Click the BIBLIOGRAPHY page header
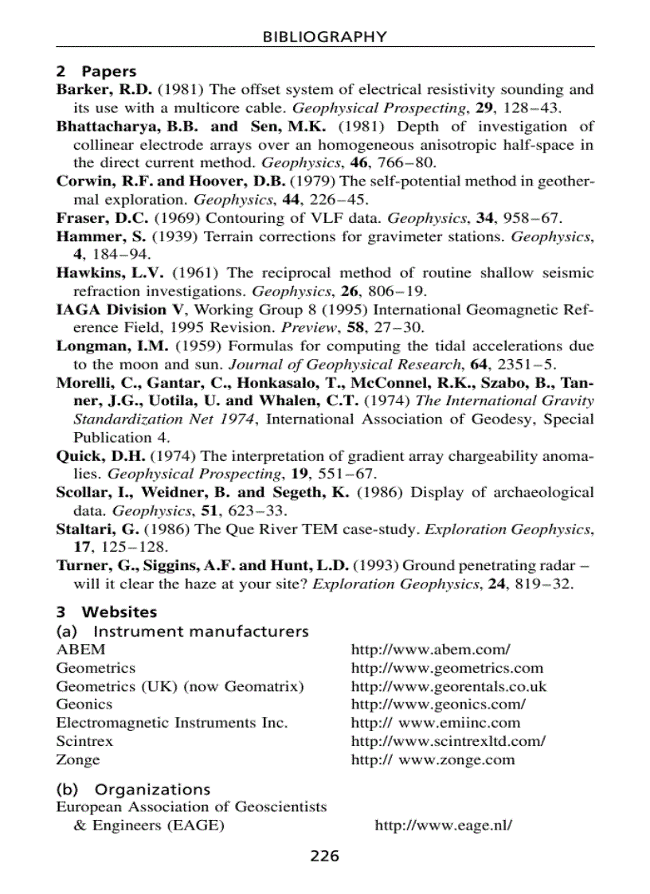pyautogui.click(x=325, y=37)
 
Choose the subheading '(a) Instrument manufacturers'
pyautogui.click(x=182, y=631)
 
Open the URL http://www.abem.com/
pyautogui.click(x=430, y=650)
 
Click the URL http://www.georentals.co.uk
pyautogui.click(x=448, y=686)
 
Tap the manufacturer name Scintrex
pyautogui.click(x=84, y=741)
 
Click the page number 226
pyautogui.click(x=324, y=857)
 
